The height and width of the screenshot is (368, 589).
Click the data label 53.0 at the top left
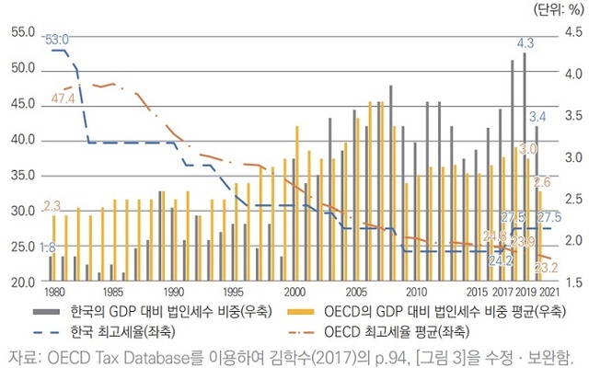coord(57,40)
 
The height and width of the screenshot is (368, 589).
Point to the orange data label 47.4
coord(64,98)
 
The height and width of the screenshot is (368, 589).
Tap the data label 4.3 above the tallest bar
coord(526,43)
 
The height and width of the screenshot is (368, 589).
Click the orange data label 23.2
coord(546,268)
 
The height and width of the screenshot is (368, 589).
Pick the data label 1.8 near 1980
coord(47,247)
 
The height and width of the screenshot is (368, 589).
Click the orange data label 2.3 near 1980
coord(52,206)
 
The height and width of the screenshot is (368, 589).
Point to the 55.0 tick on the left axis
coord(20,32)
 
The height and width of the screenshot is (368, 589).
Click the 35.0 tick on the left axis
coord(20,175)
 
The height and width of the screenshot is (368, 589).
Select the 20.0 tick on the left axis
coord(20,282)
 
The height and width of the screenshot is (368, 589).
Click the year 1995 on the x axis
coord(234,292)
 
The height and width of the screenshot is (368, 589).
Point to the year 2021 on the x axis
coord(550,292)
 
